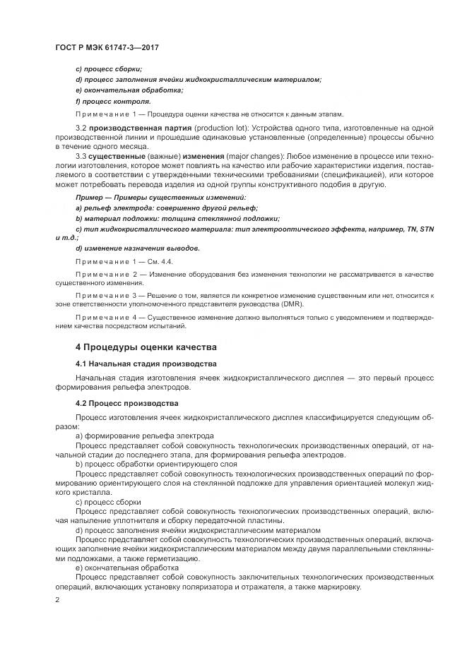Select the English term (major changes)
[x=224, y=153]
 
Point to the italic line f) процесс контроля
[x=112, y=101]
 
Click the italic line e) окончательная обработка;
[x=129, y=90]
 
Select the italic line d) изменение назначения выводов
[x=137, y=248]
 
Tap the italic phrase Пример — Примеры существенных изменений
[x=160, y=198]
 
